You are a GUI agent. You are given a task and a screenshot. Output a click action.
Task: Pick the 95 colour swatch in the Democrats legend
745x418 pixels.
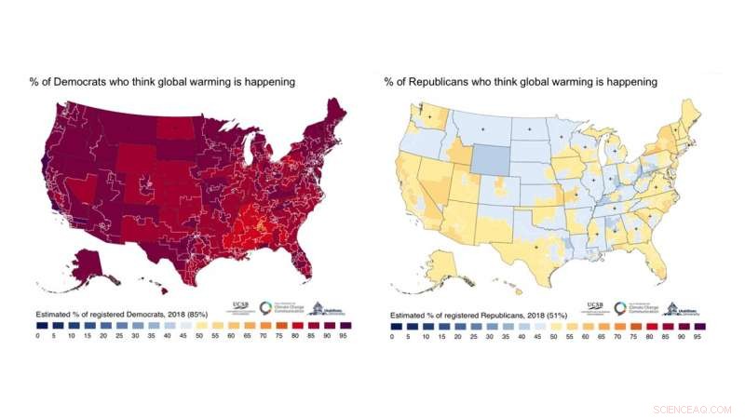pyautogui.click(x=345, y=326)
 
